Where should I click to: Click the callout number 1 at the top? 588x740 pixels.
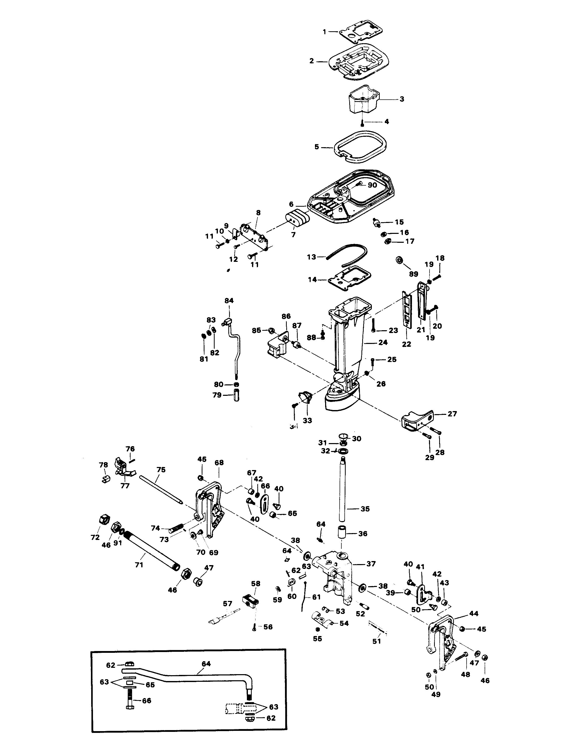[x=324, y=32]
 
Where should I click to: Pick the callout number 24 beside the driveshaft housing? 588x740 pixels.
[x=383, y=342]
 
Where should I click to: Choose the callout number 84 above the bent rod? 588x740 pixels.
[x=229, y=301]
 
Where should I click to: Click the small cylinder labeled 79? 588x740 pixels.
[x=236, y=395]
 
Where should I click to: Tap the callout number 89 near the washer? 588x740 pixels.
[x=414, y=274]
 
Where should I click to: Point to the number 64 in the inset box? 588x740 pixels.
[x=206, y=664]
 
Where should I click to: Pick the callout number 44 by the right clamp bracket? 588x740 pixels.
[x=473, y=613]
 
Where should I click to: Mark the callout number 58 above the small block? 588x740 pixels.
[x=256, y=583]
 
